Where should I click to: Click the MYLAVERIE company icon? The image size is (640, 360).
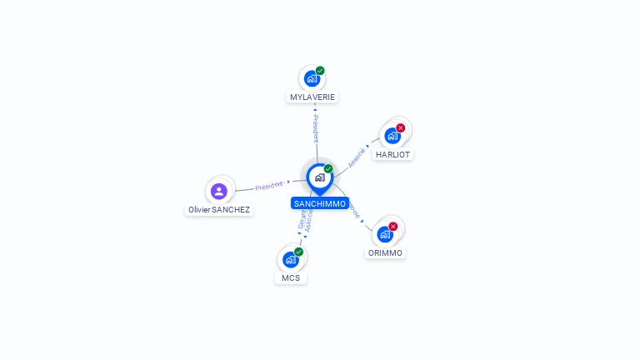pos(312,79)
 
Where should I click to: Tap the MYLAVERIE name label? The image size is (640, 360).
pos(312,97)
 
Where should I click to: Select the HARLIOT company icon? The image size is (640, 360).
pos(392,136)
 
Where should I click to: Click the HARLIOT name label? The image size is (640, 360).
pos(393,154)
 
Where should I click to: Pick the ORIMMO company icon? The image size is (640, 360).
pos(384,234)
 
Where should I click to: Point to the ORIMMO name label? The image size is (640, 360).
pos(385,252)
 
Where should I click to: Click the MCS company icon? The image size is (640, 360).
pos(290,259)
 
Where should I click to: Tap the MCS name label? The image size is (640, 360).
pos(291,277)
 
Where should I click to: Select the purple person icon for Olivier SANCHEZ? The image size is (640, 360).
pos(219,192)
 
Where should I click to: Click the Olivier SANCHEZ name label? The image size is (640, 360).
pos(219,210)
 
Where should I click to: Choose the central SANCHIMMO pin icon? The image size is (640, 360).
pos(319,177)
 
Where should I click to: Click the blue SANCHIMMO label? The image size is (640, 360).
pos(320,203)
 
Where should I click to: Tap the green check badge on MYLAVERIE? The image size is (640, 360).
pos(320,71)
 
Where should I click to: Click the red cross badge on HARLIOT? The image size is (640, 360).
pos(401,127)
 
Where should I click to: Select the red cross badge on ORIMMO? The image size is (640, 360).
pos(393,226)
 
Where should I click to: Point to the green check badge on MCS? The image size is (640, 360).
pos(298,252)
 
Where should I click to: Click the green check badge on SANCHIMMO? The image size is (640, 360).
pos(328,169)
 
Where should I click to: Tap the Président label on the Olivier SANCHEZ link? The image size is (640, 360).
pos(270,185)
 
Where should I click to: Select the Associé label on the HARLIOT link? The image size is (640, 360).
pos(357,157)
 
